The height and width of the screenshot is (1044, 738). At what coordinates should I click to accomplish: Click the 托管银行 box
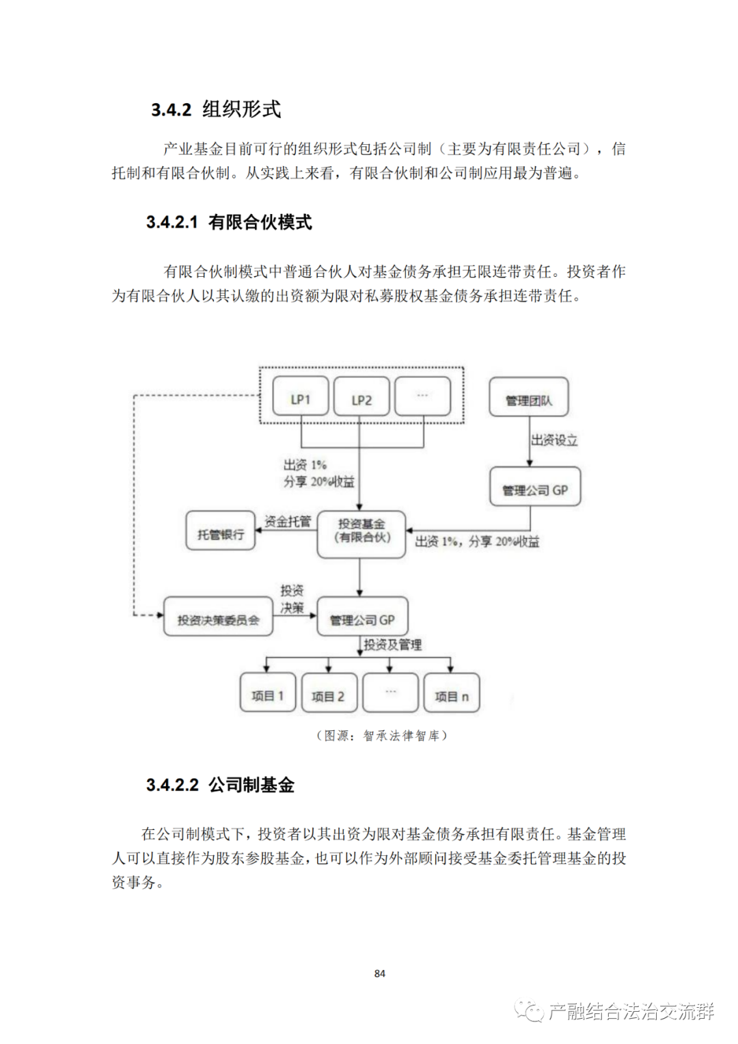point(221,531)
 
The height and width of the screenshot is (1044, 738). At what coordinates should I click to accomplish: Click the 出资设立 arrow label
point(554,440)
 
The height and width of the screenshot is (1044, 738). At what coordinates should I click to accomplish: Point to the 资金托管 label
point(288,522)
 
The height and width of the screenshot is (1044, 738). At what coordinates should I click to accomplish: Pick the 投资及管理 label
point(392,644)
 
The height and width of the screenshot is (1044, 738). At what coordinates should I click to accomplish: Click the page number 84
point(380,973)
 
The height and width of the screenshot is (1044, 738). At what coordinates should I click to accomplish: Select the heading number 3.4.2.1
point(172,222)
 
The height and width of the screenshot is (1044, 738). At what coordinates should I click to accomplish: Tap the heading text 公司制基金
point(251,785)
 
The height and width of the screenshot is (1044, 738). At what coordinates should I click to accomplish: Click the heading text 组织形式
point(242,109)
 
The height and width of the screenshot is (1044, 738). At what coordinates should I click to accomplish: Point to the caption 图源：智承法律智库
point(381,736)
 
